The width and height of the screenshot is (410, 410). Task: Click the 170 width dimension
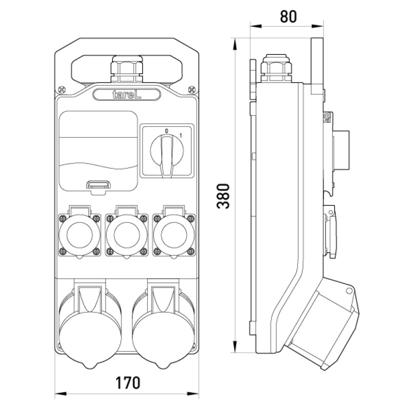(x=128, y=382)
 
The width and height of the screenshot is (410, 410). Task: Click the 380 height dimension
(x=223, y=196)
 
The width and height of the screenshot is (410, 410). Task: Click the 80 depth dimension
(x=289, y=16)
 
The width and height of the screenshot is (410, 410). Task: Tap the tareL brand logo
(x=127, y=94)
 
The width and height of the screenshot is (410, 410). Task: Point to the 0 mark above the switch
(x=167, y=131)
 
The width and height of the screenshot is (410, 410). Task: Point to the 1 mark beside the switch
(x=181, y=136)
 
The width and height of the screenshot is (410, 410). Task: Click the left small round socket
(x=79, y=235)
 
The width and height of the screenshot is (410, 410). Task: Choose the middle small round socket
(x=127, y=235)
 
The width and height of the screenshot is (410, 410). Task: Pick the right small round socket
(x=174, y=235)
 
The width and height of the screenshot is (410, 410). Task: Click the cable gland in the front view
(x=127, y=69)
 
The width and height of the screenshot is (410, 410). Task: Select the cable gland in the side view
(x=276, y=68)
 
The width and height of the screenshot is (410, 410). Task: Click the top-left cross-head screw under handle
(x=61, y=90)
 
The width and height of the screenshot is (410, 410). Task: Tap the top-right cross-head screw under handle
(x=192, y=90)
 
